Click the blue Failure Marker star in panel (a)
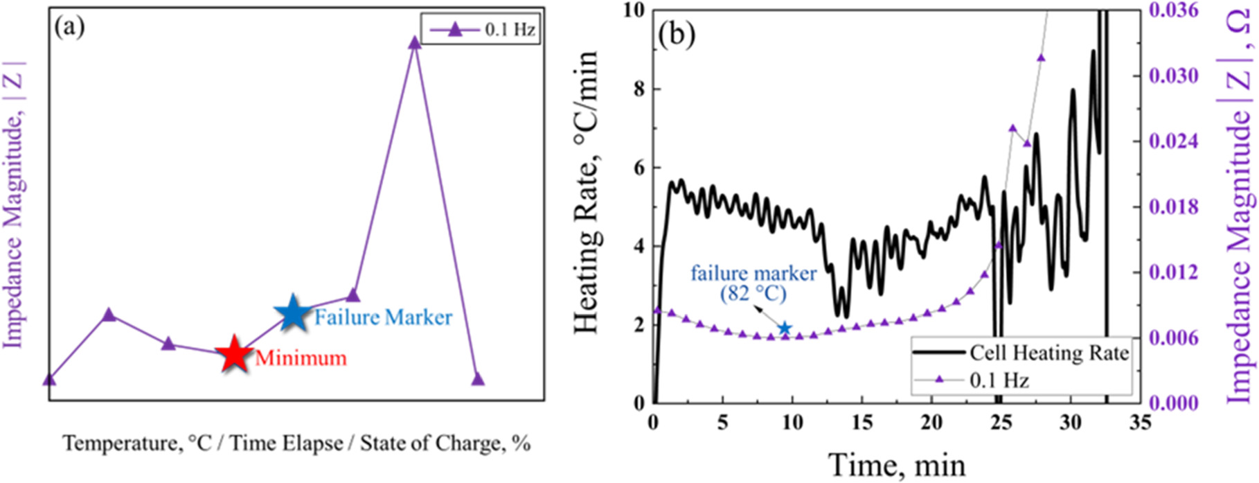pyautogui.click(x=294, y=313)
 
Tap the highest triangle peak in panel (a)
pyautogui.click(x=414, y=43)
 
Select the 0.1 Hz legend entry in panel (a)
pyautogui.click(x=481, y=30)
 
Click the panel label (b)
pyautogui.click(x=677, y=35)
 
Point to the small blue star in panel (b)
pyautogui.click(x=784, y=328)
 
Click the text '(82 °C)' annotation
pyautogui.click(x=753, y=293)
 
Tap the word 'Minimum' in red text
pyautogui.click(x=301, y=358)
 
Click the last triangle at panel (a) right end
pyautogui.click(x=477, y=379)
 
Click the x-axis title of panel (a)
pyautogui.click(x=296, y=443)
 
